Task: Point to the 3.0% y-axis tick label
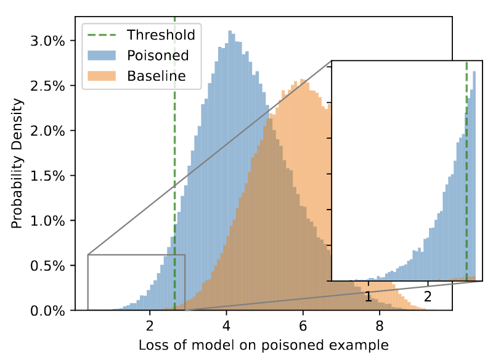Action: pos(49,41)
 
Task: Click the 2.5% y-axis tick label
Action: pos(49,86)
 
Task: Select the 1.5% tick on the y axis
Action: pos(49,176)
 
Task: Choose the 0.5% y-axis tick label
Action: pos(49,266)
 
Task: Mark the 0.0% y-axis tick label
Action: pos(49,311)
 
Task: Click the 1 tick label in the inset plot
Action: pos(369,297)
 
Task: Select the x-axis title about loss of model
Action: pos(264,345)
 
